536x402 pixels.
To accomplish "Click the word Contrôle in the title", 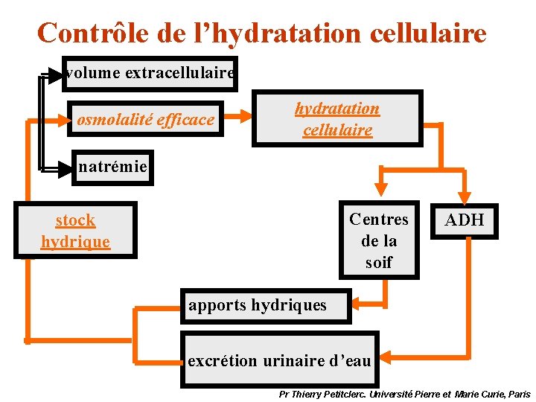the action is tap(89, 33).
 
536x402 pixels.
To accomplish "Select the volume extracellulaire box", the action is tap(150, 74).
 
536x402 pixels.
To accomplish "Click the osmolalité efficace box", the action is tap(146, 119).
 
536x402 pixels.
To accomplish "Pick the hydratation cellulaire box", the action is tap(337, 118).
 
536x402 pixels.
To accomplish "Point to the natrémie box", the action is tap(112, 167).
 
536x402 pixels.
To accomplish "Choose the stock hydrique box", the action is tap(75, 231).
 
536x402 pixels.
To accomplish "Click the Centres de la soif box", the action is tap(379, 240).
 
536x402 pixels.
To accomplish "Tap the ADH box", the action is tap(465, 220).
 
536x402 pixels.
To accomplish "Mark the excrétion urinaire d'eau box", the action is tap(279, 360).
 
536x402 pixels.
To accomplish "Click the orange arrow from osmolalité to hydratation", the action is tap(238, 116).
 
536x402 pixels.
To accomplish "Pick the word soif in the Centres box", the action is tap(379, 262).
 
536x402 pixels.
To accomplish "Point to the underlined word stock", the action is tap(75, 220).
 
